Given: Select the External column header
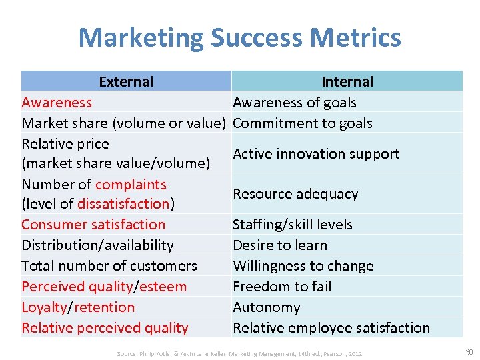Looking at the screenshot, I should (126, 82).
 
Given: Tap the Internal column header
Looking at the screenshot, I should (347, 82).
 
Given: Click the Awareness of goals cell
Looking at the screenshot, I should (295, 103).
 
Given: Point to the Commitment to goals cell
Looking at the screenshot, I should (303, 123).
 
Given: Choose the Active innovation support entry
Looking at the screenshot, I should (316, 154).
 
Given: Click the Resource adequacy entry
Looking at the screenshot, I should (295, 194).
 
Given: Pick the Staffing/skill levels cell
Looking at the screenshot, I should (293, 225).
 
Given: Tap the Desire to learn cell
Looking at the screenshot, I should (280, 245).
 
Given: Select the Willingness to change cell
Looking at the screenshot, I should (303, 266).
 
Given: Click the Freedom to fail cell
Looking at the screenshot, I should (282, 287).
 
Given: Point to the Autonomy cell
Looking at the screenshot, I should (267, 307).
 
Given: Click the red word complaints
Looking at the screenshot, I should (131, 185).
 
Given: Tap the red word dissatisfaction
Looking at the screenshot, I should (123, 204).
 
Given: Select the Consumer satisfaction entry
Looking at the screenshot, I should (93, 225).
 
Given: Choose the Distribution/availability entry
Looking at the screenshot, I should (97, 245).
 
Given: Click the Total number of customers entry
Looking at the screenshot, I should (109, 266).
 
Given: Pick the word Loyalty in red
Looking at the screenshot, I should (45, 307).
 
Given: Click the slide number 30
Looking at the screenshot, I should (468, 352).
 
